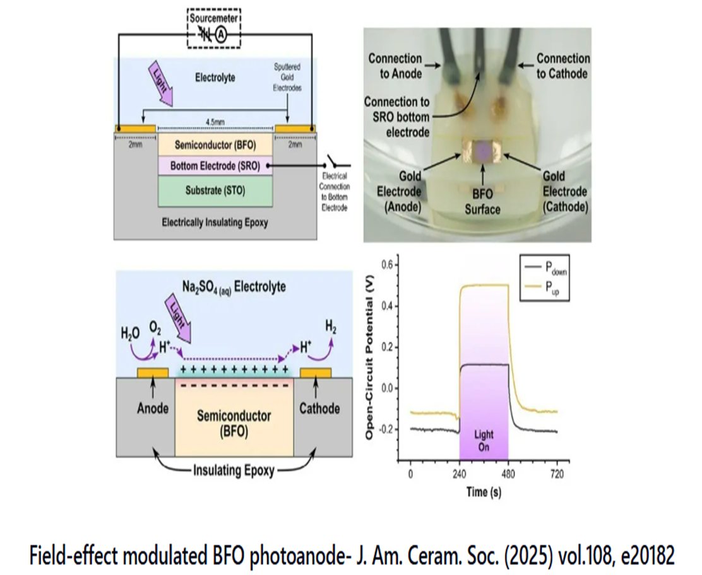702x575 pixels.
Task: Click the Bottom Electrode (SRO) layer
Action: pos(215,166)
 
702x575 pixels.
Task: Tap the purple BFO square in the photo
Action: pos(483,149)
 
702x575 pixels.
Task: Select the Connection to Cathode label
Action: pos(563,66)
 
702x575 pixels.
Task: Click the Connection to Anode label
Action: pos(395,66)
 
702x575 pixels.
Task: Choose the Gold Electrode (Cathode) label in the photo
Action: pos(563,192)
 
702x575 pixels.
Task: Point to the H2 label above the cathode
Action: pos(329,326)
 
